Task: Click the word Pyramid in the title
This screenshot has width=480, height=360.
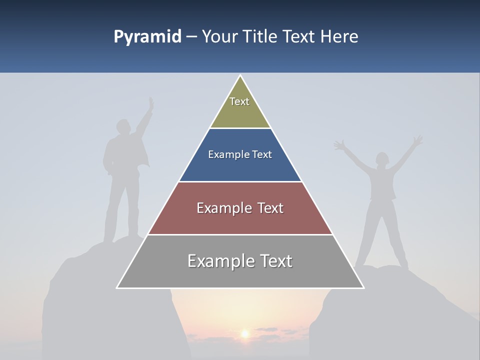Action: tap(147, 37)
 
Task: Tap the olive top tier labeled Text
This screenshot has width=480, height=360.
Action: tap(239, 107)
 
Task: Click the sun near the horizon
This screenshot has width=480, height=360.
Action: tap(245, 333)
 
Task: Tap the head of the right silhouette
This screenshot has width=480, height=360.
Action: tap(382, 159)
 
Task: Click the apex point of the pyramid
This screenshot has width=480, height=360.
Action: tap(240, 76)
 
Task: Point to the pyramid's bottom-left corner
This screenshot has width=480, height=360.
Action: tap(117, 287)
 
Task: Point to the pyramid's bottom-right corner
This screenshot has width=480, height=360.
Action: tap(363, 287)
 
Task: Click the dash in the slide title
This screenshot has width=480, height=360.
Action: tap(191, 37)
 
